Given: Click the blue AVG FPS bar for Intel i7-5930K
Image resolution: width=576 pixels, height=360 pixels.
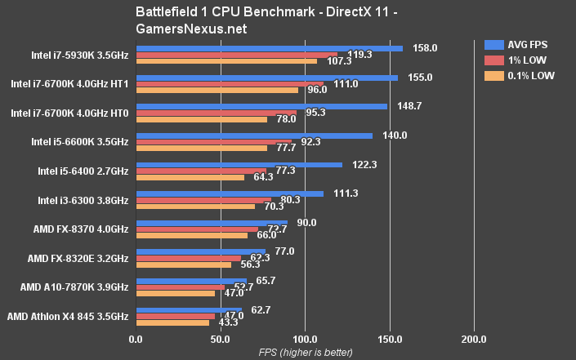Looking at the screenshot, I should (270, 48).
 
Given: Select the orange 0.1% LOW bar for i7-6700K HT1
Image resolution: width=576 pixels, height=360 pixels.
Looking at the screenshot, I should (217, 90).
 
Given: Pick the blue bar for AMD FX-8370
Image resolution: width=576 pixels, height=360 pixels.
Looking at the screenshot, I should (212, 222).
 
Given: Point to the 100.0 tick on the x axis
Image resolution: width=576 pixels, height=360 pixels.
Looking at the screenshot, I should (305, 339).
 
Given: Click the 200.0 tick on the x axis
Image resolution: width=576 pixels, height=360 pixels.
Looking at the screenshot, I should (474, 339).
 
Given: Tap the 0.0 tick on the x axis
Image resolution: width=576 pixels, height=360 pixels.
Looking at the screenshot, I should (136, 339).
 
